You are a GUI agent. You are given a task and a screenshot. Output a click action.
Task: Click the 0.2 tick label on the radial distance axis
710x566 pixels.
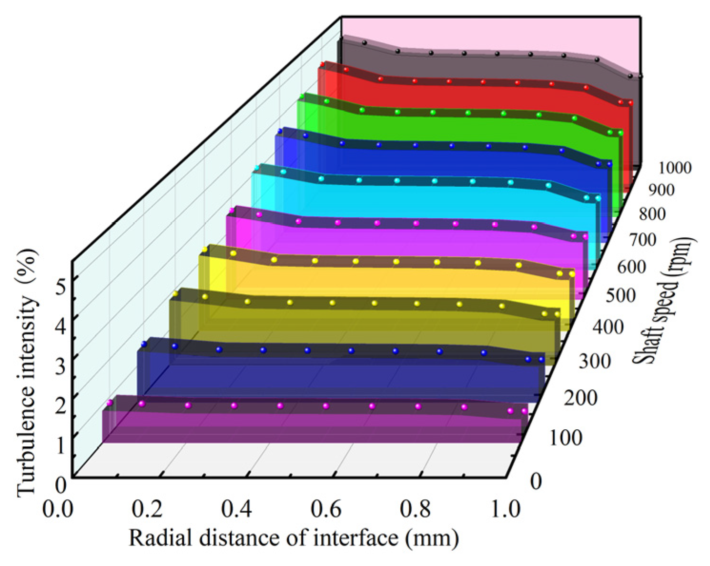(x=149, y=509)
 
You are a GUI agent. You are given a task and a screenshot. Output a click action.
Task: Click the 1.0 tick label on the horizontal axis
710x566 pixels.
(x=506, y=509)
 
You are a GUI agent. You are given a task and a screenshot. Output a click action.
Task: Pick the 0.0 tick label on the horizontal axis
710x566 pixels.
(x=59, y=509)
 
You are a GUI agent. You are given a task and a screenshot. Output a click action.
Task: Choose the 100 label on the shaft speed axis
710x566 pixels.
(x=566, y=438)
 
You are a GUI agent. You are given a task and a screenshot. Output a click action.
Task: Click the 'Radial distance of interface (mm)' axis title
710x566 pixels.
(x=294, y=538)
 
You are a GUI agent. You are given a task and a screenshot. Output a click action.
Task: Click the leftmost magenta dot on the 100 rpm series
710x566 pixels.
(x=110, y=403)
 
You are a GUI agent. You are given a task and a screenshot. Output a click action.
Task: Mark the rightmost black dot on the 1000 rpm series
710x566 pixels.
(x=640, y=76)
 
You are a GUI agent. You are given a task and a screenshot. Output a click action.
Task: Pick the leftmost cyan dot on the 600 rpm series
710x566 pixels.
(x=257, y=168)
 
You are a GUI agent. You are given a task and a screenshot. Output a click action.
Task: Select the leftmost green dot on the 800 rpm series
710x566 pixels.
(x=302, y=96)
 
